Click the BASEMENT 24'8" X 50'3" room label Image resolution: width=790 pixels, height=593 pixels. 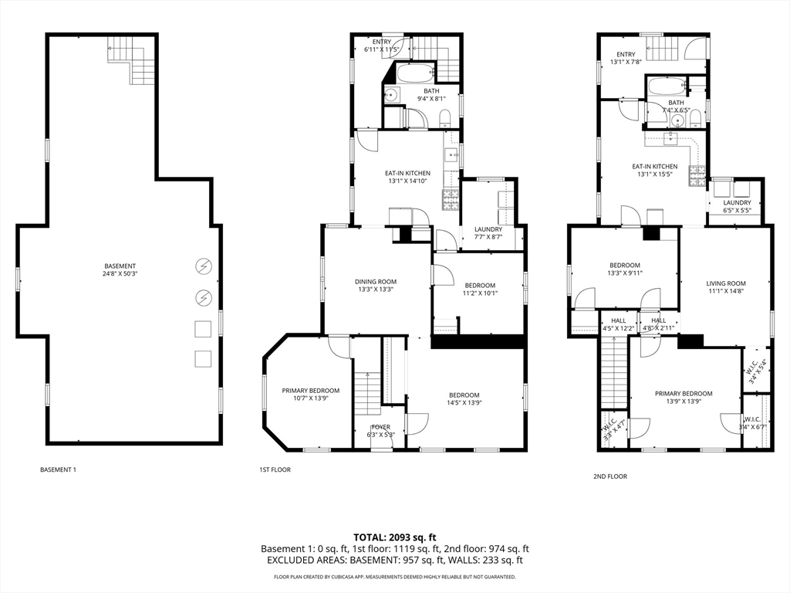coord(120,269)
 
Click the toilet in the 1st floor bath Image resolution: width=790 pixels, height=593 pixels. coord(445,119)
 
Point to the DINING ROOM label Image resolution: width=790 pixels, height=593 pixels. coord(376,286)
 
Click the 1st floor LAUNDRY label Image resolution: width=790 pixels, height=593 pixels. coord(488,232)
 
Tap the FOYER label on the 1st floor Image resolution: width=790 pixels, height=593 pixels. coord(380,430)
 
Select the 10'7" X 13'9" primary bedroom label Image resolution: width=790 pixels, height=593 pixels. coord(306,395)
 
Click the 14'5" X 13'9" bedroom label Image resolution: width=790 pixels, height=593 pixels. coord(464,399)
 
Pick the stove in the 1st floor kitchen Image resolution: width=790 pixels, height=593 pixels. coord(450,200)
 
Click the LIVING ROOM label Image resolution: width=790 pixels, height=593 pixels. coord(726,287)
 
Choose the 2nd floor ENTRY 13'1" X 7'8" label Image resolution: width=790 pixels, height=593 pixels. coord(626,58)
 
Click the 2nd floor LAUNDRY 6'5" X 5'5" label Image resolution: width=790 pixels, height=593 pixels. coord(737,206)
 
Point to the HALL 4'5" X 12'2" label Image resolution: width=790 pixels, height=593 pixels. coord(619,324)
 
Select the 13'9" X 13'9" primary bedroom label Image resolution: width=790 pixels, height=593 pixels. coord(684,397)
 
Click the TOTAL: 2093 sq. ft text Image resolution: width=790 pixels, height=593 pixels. coord(395,537)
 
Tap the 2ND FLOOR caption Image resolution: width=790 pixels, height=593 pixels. coord(610,476)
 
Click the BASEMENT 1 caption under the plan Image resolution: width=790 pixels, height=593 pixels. coord(58,469)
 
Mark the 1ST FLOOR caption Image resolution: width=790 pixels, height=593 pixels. coord(275,469)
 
